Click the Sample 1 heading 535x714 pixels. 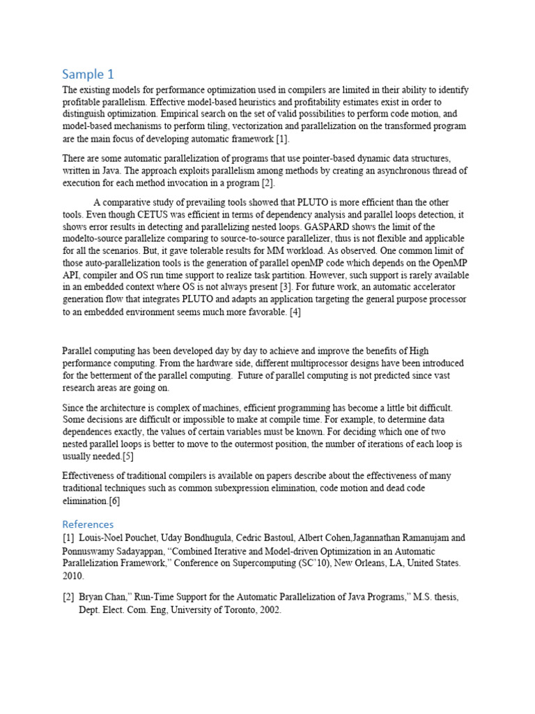pyautogui.click(x=88, y=74)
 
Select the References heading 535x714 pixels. pyautogui.click(x=88, y=524)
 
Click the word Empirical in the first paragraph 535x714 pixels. pyautogui.click(x=180, y=113)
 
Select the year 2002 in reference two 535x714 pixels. pyautogui.click(x=268, y=609)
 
